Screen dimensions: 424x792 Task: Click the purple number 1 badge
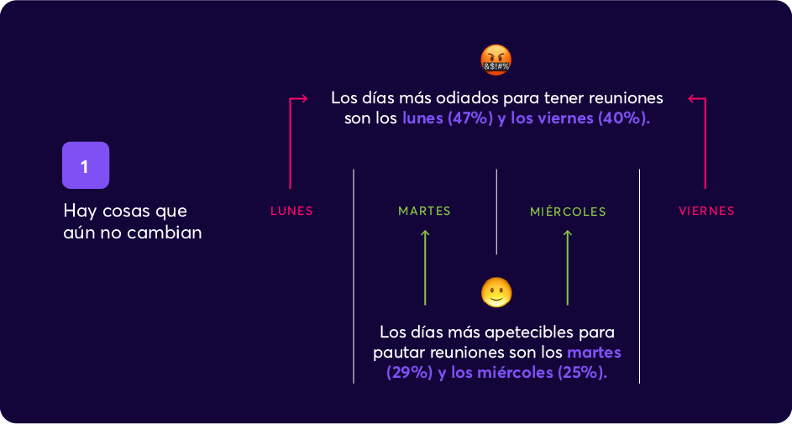[86, 165]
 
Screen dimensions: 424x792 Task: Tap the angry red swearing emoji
[496, 59]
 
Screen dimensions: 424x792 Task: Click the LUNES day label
[291, 212]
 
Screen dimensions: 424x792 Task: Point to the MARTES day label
[424, 212]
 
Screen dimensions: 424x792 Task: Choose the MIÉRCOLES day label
[568, 212]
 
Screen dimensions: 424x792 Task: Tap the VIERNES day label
[706, 212]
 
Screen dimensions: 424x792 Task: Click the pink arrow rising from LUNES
[291, 143]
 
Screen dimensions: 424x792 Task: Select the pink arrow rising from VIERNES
[705, 143]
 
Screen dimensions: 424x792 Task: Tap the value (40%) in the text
[624, 119]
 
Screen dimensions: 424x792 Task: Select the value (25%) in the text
[582, 373]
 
